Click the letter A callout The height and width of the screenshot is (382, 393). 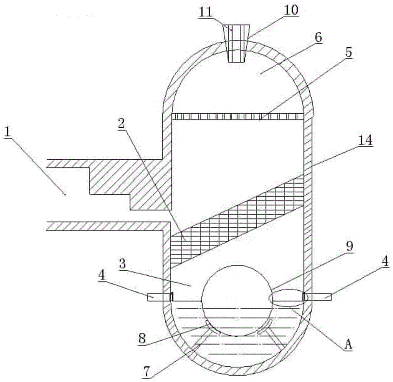tap(347, 347)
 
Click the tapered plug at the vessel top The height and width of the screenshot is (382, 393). tap(237, 43)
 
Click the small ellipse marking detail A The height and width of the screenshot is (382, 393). tap(286, 297)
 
